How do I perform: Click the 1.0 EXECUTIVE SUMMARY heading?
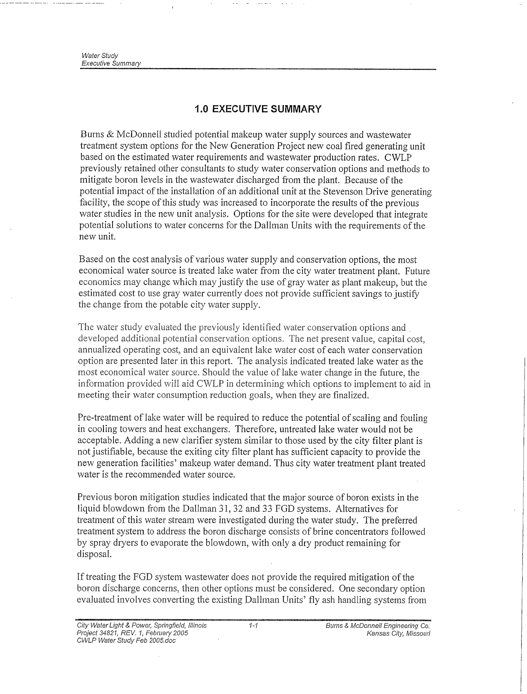pos(258,109)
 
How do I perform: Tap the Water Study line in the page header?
pos(100,56)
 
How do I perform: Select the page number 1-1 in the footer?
pos(253,625)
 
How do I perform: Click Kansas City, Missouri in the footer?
pos(398,633)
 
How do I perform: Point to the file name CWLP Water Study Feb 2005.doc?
pos(126,641)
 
